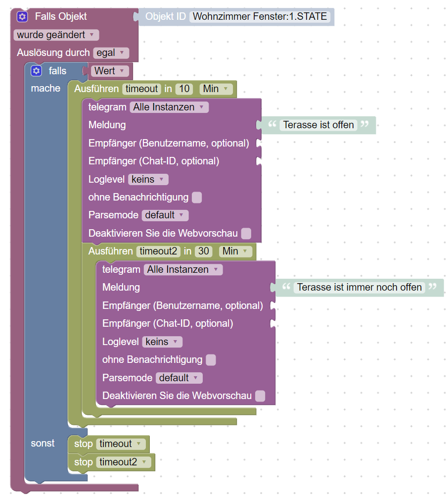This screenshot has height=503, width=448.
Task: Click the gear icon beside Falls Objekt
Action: pyautogui.click(x=22, y=16)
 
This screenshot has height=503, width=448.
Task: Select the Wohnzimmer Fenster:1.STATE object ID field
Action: pyautogui.click(x=260, y=16)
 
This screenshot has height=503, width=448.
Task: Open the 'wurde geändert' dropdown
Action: pyautogui.click(x=56, y=35)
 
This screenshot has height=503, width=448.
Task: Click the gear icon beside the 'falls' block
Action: pyautogui.click(x=36, y=71)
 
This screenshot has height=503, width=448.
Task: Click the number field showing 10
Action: pyautogui.click(x=184, y=89)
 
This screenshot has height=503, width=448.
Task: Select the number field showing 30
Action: pyautogui.click(x=203, y=251)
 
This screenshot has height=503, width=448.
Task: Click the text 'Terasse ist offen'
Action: pyautogui.click(x=318, y=125)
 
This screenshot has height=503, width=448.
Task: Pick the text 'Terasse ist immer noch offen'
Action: pyautogui.click(x=359, y=287)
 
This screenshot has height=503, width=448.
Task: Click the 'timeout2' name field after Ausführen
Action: pyautogui.click(x=158, y=251)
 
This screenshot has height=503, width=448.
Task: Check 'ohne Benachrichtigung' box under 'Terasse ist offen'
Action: pyautogui.click(x=197, y=198)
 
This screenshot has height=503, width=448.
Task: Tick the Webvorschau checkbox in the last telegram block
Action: pyautogui.click(x=260, y=396)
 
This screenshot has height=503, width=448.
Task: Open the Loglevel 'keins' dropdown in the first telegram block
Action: pyautogui.click(x=148, y=179)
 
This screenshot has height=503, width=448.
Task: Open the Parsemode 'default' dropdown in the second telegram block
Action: pyautogui.click(x=179, y=378)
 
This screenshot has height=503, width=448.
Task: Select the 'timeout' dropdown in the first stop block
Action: pyautogui.click(x=121, y=444)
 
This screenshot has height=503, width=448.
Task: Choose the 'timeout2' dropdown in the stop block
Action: pyautogui.click(x=124, y=462)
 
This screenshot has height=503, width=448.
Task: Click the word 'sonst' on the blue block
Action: pyautogui.click(x=43, y=443)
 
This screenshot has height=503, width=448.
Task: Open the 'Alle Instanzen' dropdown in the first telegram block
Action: pyautogui.click(x=169, y=107)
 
